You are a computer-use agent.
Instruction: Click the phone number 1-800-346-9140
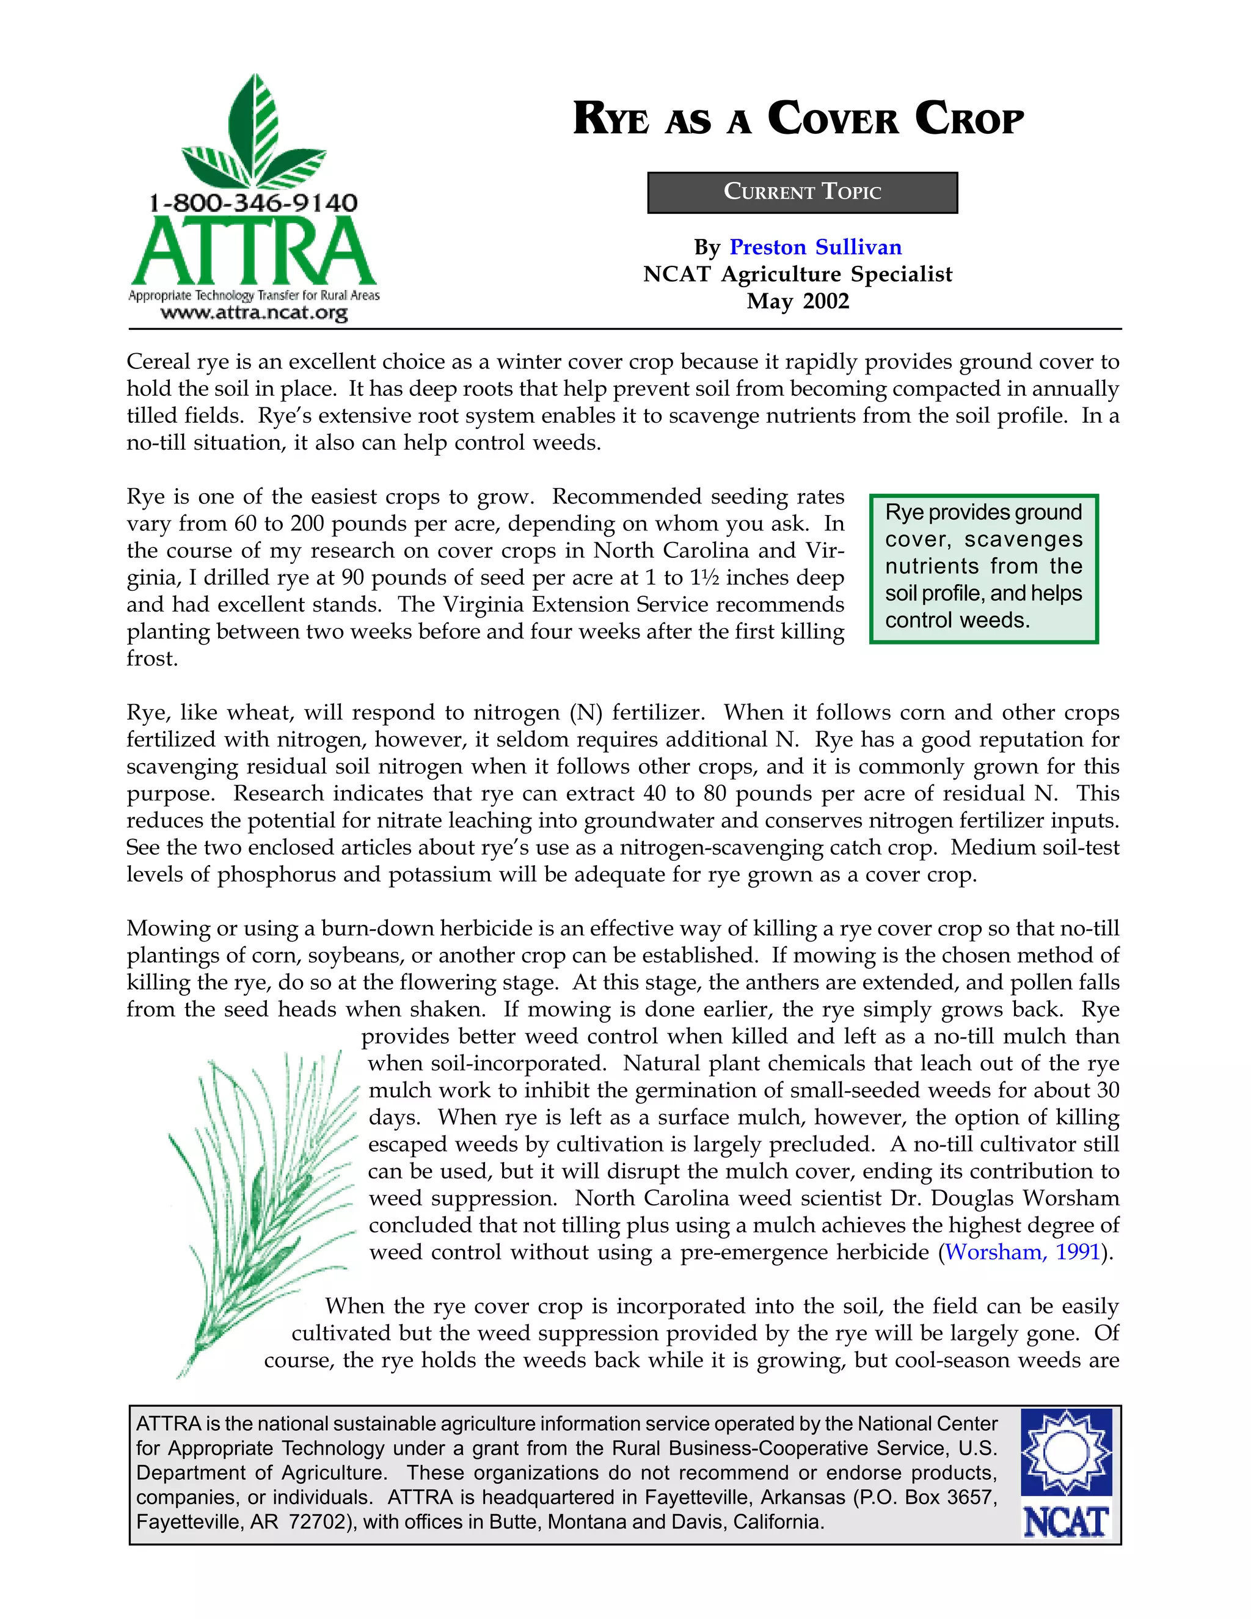[x=253, y=202]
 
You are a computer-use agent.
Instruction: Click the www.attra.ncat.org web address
[x=253, y=313]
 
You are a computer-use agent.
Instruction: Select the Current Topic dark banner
[x=802, y=192]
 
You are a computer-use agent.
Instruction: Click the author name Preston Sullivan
[x=815, y=247]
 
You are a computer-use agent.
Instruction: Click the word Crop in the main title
[x=969, y=119]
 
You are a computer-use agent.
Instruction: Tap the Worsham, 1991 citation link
[x=1022, y=1252]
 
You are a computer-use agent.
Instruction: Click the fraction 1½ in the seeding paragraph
[x=702, y=577]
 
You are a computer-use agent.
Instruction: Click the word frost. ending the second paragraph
[x=152, y=658]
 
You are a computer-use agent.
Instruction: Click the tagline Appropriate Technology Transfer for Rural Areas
[x=253, y=296]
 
